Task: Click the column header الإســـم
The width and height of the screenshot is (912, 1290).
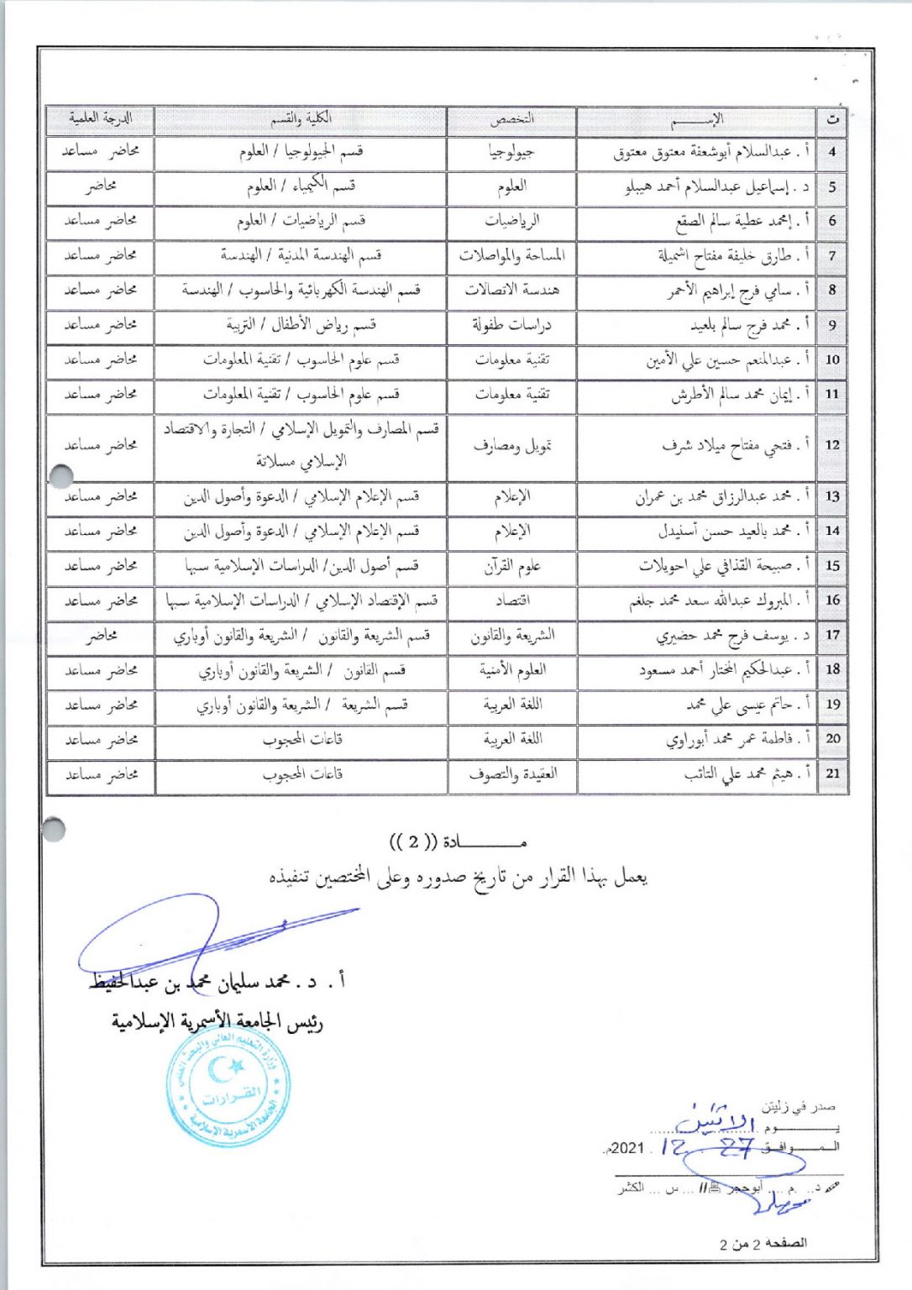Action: pos(696,120)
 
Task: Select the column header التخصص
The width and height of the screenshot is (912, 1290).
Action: pos(511,120)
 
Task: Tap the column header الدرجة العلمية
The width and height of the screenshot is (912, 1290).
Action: pos(100,119)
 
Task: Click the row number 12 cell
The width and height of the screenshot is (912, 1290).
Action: pos(831,445)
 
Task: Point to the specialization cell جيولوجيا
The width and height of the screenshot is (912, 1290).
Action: pos(511,153)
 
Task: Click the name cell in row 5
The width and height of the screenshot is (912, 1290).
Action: pos(696,187)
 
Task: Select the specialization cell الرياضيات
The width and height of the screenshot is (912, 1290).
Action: pos(511,222)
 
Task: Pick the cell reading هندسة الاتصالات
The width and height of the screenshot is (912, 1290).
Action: pos(511,291)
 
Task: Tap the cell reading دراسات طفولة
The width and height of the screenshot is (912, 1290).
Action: pos(511,325)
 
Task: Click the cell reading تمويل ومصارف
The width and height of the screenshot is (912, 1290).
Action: pos(511,446)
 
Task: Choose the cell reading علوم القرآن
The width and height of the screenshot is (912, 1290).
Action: pos(511,566)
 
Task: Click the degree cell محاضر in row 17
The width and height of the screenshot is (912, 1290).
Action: pos(100,636)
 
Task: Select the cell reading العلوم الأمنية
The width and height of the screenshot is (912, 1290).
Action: pos(511,670)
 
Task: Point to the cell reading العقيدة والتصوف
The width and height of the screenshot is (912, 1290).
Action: pos(511,773)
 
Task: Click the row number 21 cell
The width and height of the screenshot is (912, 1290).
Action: pos(831,773)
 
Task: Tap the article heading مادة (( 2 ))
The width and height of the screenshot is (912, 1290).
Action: pos(459,842)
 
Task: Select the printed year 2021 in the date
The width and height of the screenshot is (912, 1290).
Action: pos(628,1148)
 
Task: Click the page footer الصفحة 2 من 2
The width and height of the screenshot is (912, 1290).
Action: pos(763,1243)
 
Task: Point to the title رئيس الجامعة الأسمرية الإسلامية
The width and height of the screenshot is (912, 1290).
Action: pos(218,1022)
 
